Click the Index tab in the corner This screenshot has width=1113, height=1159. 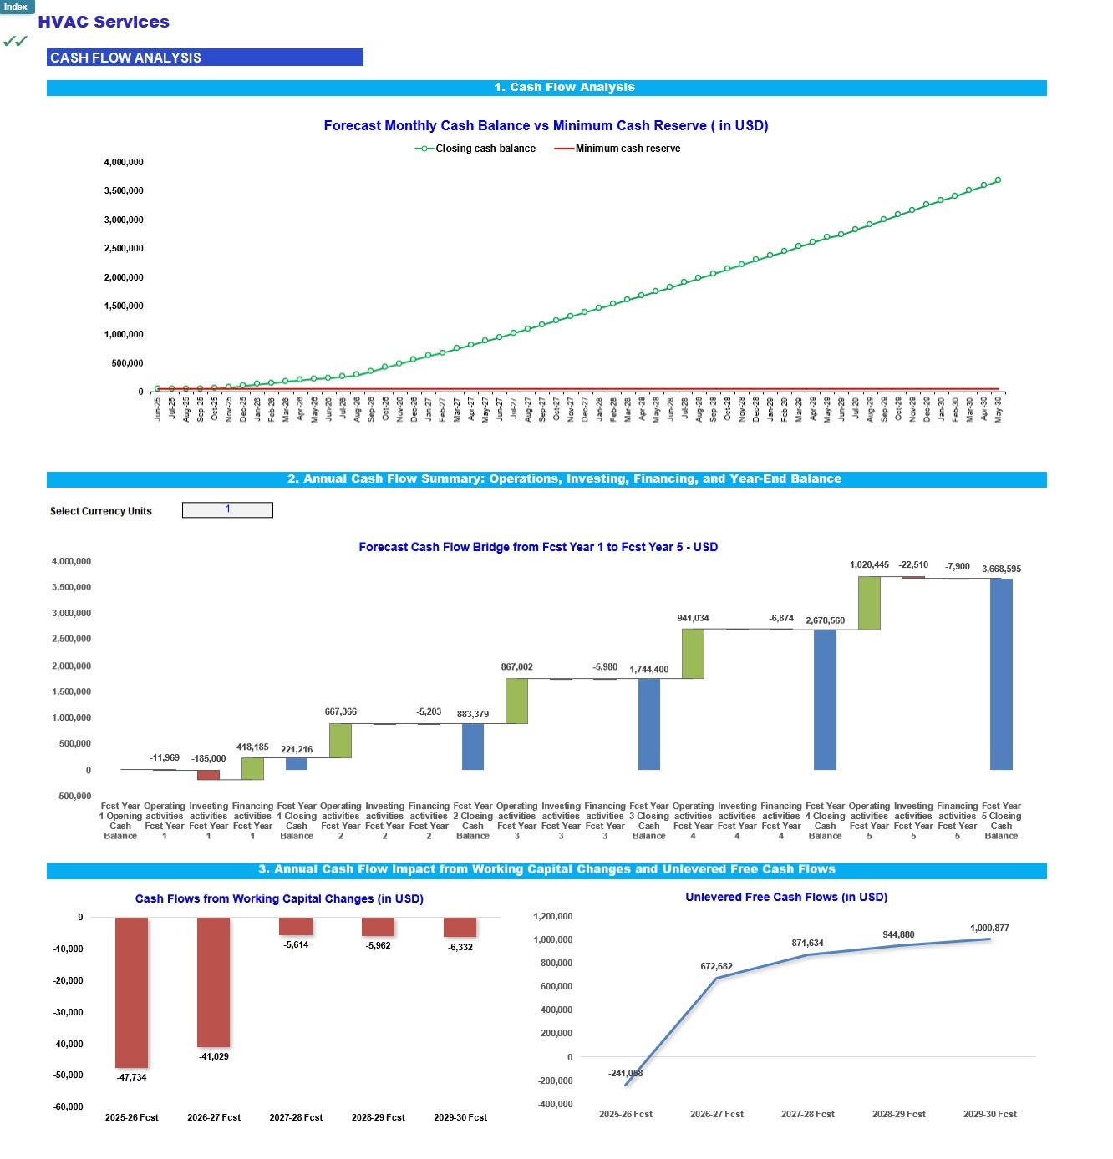point(16,7)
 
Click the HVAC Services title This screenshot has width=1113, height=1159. point(104,23)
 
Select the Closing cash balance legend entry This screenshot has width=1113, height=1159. point(475,149)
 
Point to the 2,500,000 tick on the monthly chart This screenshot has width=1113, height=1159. point(124,249)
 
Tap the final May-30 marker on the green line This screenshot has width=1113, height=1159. point(998,180)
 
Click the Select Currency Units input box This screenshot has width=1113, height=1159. point(227,510)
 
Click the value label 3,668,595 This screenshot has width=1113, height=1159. point(1001,569)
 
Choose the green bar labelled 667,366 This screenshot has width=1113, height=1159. point(340,741)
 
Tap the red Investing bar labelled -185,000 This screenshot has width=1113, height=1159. point(208,775)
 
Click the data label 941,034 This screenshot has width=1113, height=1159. point(693,619)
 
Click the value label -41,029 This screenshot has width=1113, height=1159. point(214,1057)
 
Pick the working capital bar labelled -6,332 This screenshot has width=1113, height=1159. point(460,927)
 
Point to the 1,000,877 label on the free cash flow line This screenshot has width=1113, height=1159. point(989,929)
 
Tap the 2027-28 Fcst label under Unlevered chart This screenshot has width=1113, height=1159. point(808,1115)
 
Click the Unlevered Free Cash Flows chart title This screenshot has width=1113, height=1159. point(786,898)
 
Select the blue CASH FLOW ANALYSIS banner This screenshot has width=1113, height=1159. point(205,58)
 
